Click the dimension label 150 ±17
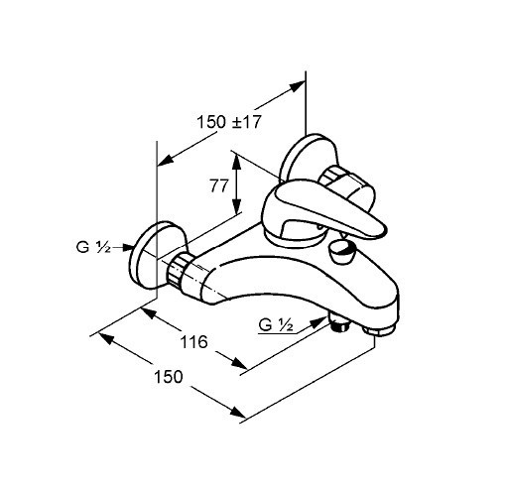(x=229, y=122)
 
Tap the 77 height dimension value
(x=219, y=185)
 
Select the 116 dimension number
(x=193, y=341)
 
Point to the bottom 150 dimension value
(x=169, y=377)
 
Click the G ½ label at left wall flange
(x=93, y=247)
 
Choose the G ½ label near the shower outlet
(x=276, y=325)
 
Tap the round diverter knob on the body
(x=341, y=252)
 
